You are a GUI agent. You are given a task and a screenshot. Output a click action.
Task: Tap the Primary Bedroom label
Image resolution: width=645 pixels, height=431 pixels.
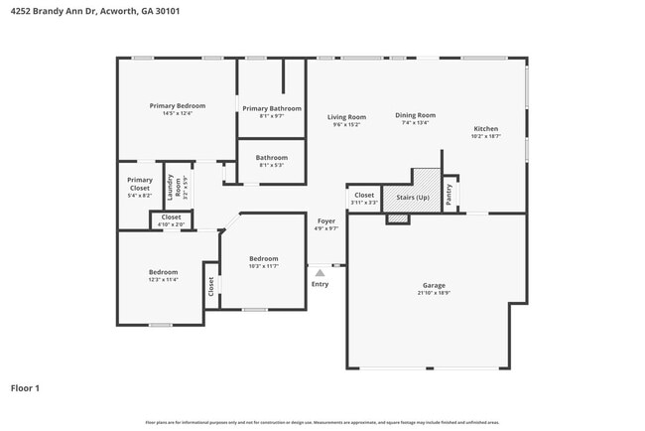[178, 106]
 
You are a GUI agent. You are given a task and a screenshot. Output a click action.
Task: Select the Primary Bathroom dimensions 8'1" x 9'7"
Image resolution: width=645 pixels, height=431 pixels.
[272, 116]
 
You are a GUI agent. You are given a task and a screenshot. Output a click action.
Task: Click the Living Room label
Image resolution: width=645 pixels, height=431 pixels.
[346, 117]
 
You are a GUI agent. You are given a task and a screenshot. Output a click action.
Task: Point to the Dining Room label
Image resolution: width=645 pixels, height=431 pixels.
[415, 115]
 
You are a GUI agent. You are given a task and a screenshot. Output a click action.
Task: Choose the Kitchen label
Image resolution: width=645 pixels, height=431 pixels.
[485, 129]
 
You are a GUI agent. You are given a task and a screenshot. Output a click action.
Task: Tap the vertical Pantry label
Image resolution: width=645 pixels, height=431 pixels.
[450, 195]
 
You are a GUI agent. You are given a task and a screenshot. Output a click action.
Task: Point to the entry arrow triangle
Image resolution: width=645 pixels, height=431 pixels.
[320, 271]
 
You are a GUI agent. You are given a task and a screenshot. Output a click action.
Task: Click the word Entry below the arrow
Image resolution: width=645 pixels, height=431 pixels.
[320, 284]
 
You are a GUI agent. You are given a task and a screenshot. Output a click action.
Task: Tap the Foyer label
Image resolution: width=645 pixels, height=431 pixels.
[325, 220]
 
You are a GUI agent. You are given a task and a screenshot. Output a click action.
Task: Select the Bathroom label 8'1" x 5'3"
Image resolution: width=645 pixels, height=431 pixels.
[272, 158]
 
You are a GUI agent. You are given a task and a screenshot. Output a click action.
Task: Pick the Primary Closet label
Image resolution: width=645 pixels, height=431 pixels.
[140, 184]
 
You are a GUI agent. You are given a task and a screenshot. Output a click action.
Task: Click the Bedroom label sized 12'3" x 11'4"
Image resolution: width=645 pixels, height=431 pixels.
[164, 272]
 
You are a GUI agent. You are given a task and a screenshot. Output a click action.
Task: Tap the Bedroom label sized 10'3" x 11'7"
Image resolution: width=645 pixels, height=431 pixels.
[263, 258]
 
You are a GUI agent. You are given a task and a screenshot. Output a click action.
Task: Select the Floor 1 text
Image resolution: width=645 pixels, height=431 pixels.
[26, 387]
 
